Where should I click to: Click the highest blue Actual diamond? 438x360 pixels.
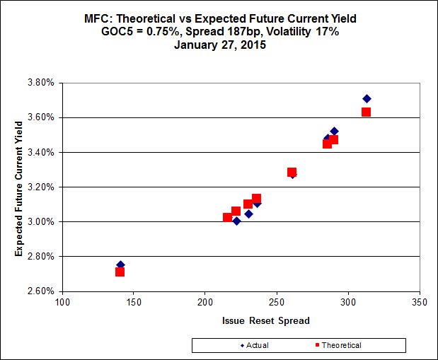367,98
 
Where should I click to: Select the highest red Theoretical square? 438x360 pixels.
366,112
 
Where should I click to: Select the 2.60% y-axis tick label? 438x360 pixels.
40,291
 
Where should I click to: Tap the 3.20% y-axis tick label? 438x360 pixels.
40,187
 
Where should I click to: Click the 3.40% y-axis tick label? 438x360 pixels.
40,152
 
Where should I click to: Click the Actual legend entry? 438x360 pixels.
251,345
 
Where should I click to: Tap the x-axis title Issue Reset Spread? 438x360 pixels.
266,320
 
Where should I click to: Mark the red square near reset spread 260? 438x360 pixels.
292,172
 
